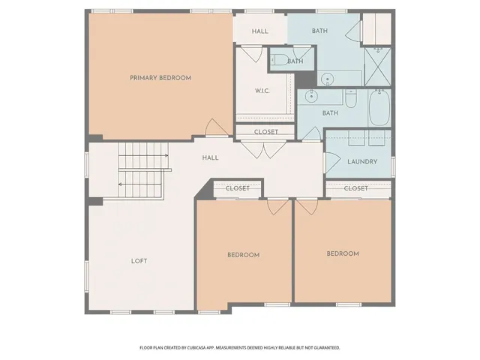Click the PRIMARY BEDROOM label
160,78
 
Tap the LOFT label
139,261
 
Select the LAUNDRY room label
361,161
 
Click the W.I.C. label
262,92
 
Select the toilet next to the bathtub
350,97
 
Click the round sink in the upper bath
328,78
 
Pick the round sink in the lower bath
310,96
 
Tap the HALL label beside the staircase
210,158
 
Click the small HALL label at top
259,31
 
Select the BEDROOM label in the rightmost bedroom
343,254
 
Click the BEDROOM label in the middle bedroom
243,255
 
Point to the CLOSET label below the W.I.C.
265,132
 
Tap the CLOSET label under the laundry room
356,188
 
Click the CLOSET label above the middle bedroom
237,188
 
